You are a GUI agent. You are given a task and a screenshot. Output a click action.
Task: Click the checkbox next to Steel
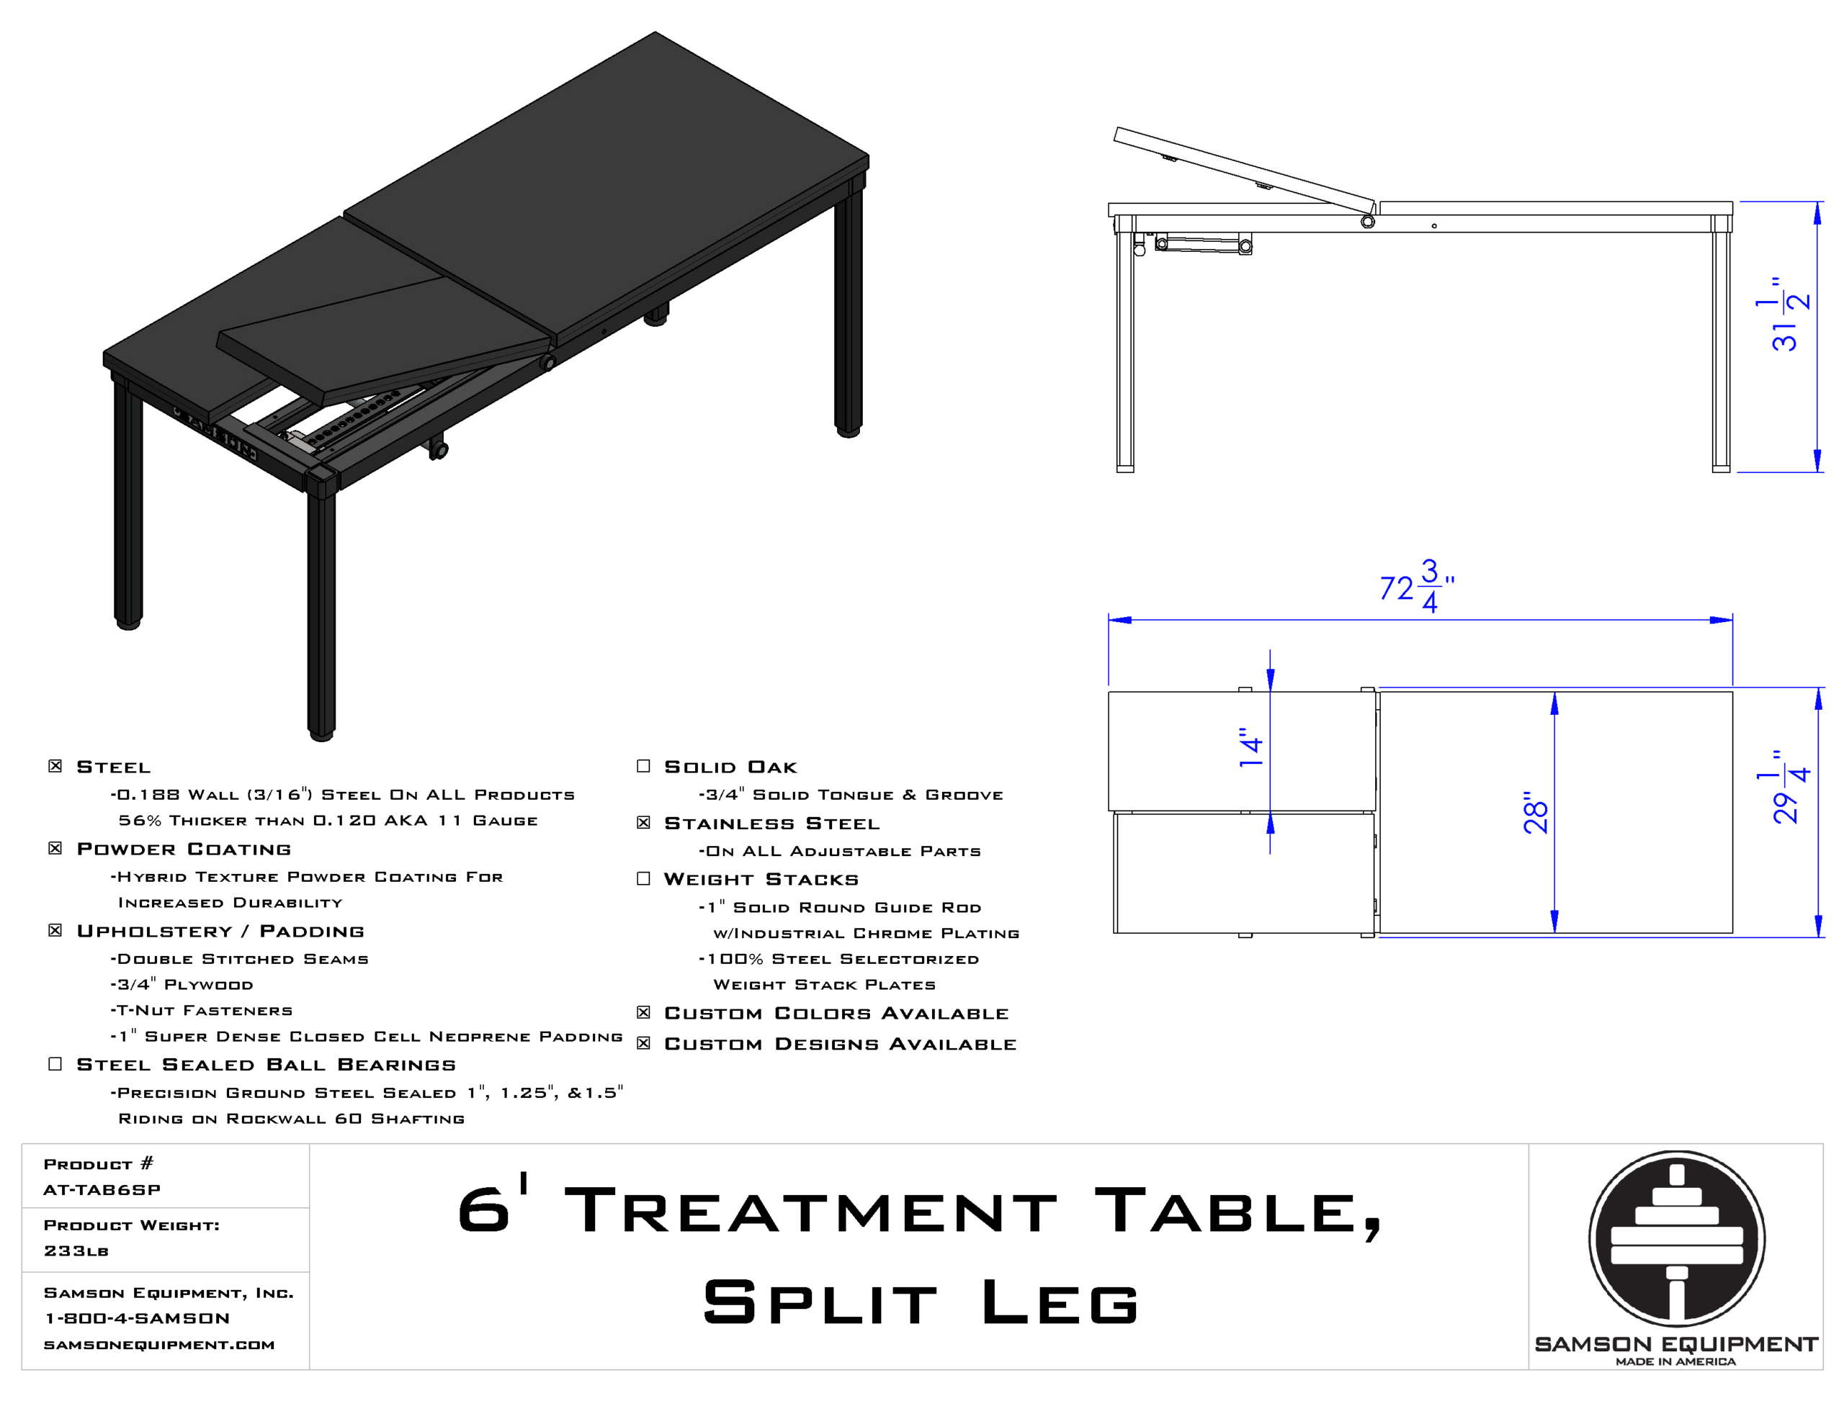point(55,765)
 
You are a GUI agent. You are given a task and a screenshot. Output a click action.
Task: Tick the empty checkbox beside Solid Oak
point(643,765)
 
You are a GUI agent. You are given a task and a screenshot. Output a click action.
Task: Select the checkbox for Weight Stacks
point(643,879)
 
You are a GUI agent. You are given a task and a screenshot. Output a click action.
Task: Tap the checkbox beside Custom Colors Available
point(643,1012)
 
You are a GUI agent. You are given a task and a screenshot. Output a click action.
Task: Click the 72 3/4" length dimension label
point(1417,586)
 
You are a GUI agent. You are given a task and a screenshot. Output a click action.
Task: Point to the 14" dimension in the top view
point(1250,747)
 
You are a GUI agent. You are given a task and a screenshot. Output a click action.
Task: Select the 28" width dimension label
point(1535,813)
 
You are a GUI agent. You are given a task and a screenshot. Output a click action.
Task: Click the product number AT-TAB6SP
point(102,1189)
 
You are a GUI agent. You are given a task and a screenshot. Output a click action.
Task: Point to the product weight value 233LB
point(76,1250)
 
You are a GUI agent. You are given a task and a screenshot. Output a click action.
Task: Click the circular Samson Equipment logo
point(1676,1239)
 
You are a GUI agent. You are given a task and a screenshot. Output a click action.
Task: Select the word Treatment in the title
point(810,1209)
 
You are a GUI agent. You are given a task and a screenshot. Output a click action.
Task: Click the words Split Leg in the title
point(921,1301)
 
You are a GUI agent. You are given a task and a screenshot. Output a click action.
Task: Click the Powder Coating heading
point(184,848)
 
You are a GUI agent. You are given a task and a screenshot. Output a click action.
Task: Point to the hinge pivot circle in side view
point(1368,221)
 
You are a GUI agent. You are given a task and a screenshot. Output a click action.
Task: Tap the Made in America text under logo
point(1676,1361)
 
